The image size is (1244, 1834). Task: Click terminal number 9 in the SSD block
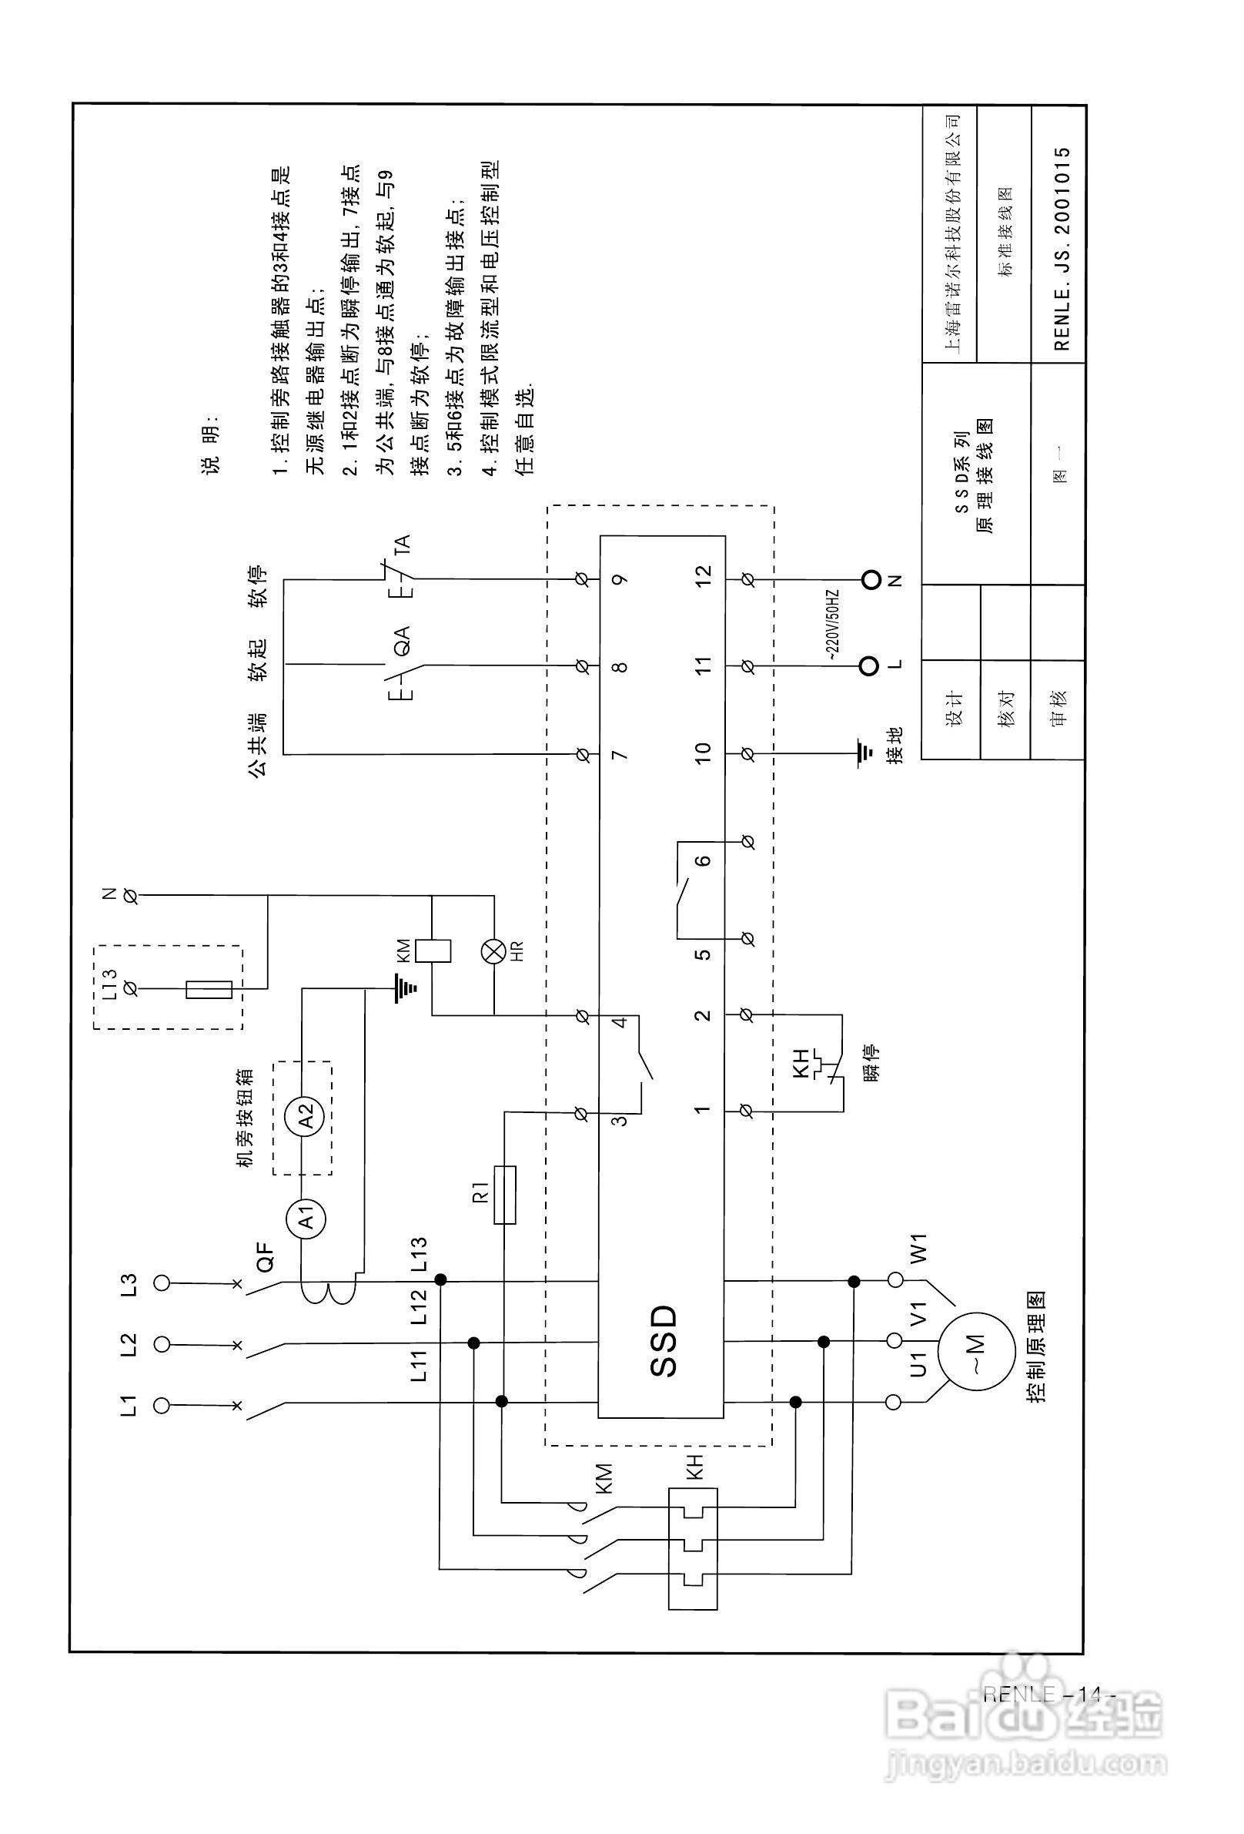pyautogui.click(x=620, y=579)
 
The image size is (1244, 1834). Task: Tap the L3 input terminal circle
pyautogui.click(x=161, y=1284)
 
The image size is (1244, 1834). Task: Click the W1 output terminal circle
pyautogui.click(x=895, y=1279)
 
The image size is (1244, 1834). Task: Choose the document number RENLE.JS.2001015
pyautogui.click(x=1061, y=249)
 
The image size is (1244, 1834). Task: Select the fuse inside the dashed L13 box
pyautogui.click(x=209, y=989)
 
